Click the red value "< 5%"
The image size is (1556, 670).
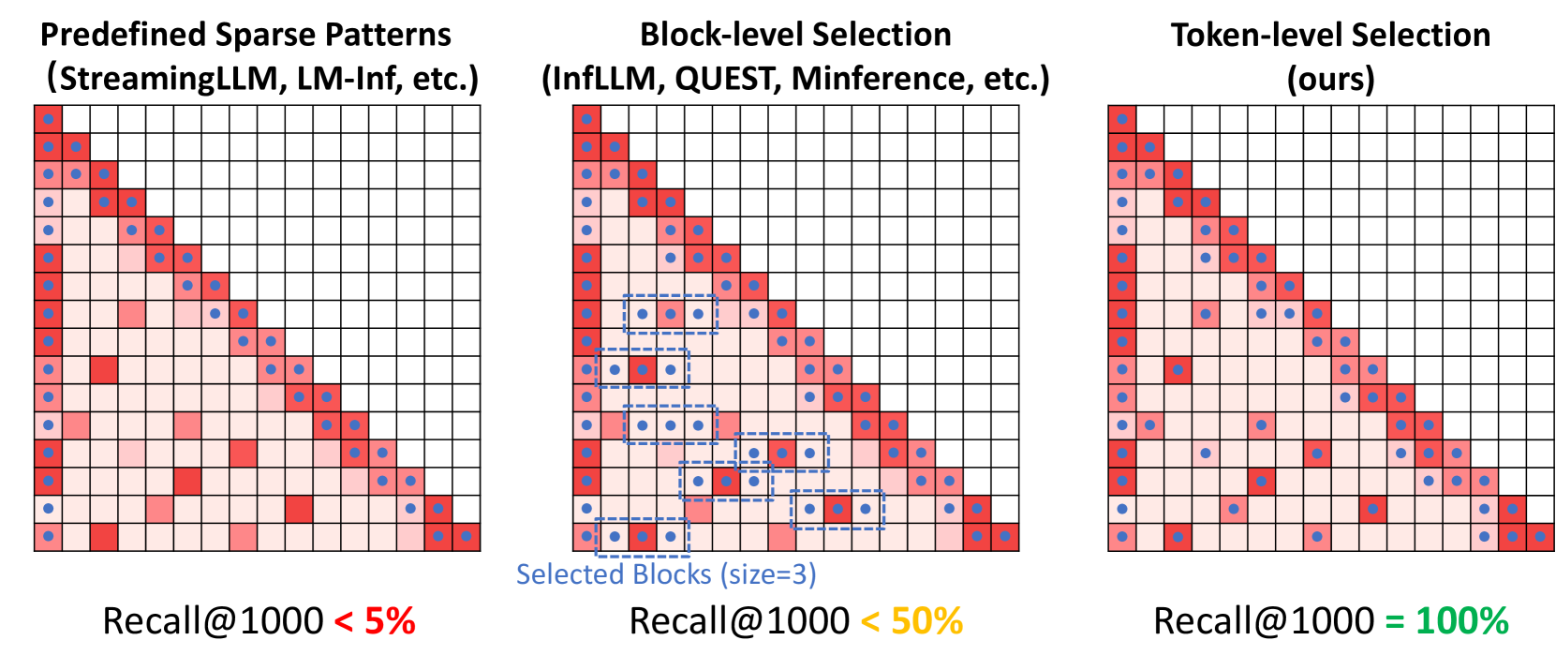tap(375, 621)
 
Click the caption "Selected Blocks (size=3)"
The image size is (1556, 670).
tap(666, 573)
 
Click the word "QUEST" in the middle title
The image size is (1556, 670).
tap(727, 79)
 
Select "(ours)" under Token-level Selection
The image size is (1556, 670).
tap(1330, 79)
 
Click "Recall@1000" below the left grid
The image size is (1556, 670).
tap(213, 621)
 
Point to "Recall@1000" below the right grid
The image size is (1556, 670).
tap(1264, 621)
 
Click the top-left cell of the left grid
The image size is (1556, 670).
tap(48, 119)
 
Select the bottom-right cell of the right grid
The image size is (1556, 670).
tap(1540, 537)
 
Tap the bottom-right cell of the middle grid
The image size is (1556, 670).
tap(1004, 537)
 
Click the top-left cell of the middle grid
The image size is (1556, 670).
tap(586, 119)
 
